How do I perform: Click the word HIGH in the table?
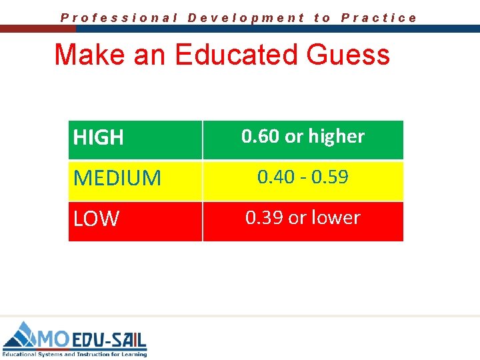pyautogui.click(x=98, y=138)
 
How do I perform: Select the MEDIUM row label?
pyautogui.click(x=117, y=178)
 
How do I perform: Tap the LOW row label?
pyautogui.click(x=96, y=219)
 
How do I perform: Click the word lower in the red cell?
pyautogui.click(x=334, y=218)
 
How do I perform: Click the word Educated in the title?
pyautogui.click(x=236, y=55)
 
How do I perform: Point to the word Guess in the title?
pyautogui.click(x=348, y=55)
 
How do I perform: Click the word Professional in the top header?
pyautogui.click(x=119, y=18)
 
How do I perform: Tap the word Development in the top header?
pyautogui.click(x=246, y=18)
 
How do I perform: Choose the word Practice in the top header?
pyautogui.click(x=379, y=18)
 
